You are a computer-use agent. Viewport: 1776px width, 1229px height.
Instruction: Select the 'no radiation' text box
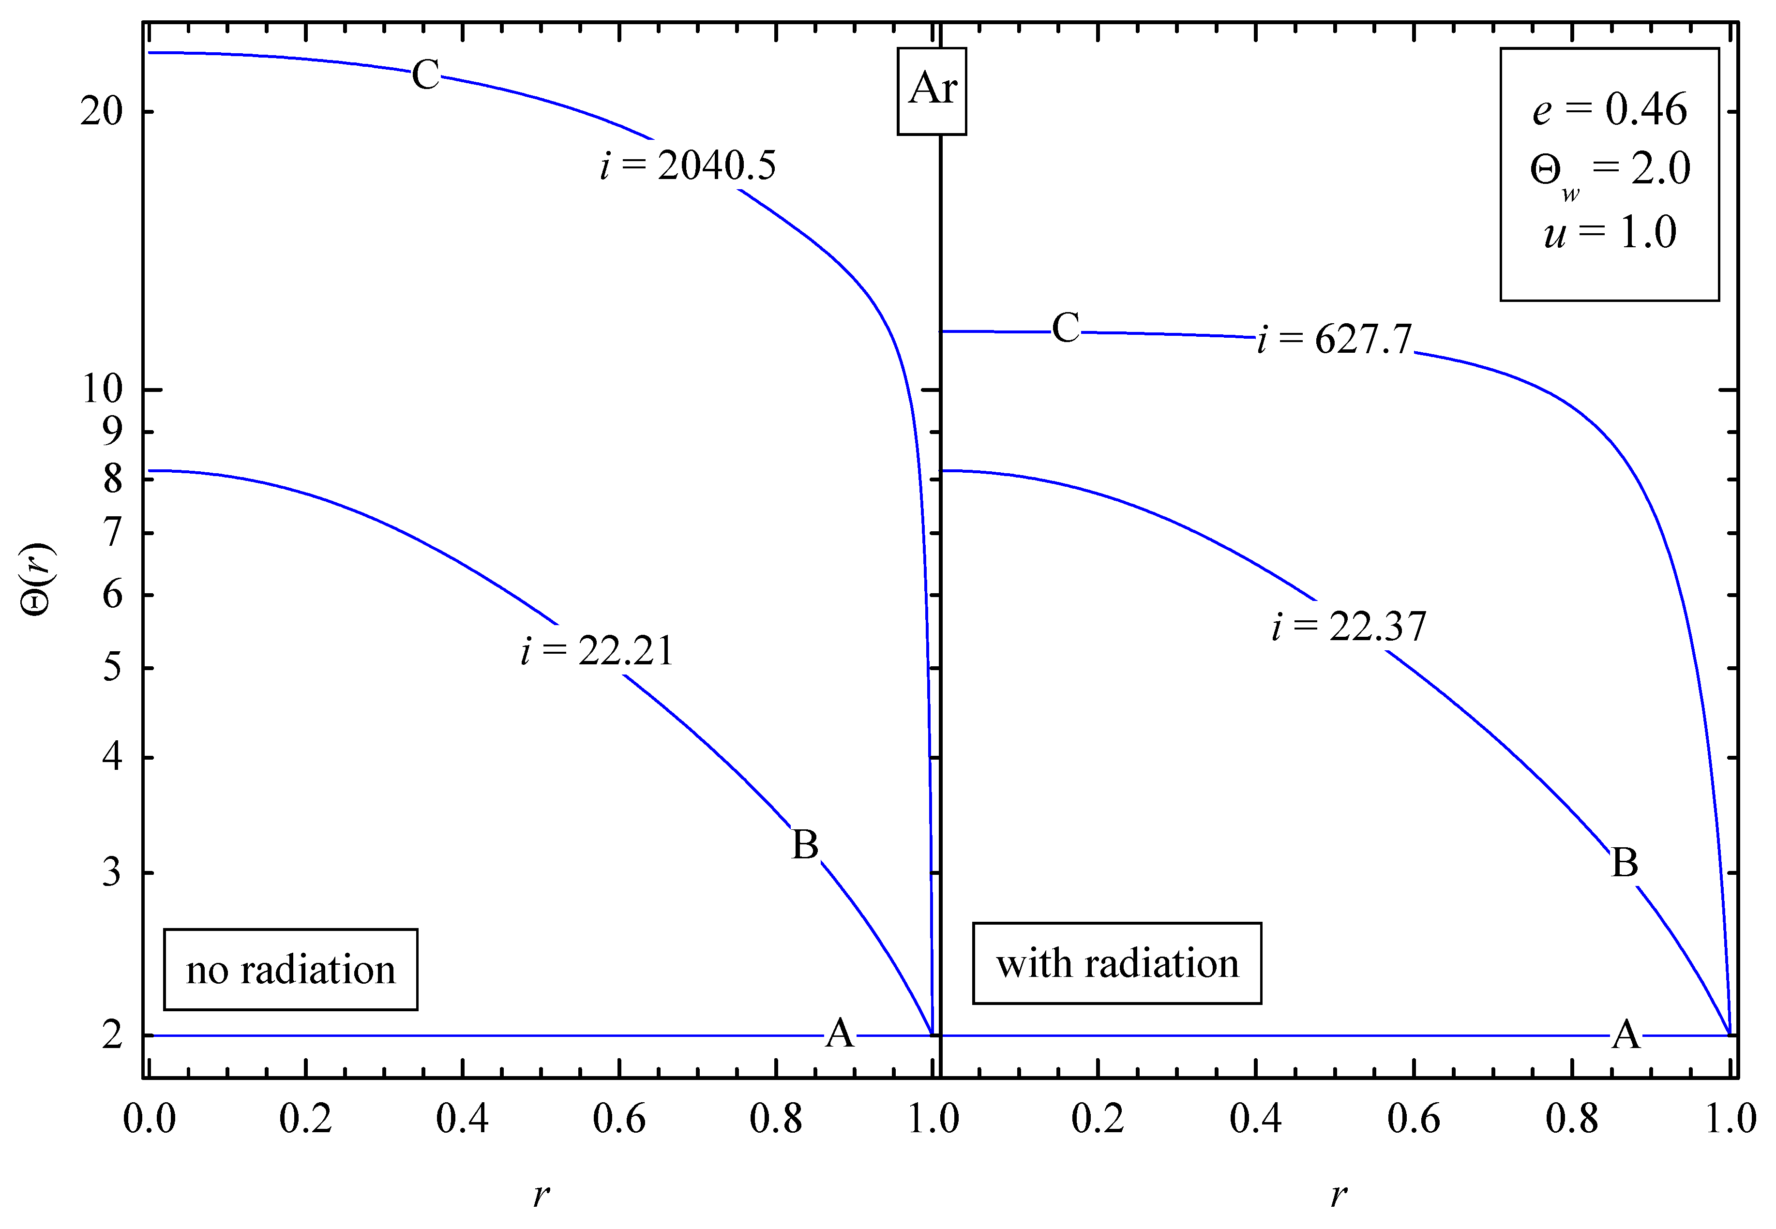(290, 970)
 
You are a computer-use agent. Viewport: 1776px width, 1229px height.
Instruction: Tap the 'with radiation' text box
(1117, 963)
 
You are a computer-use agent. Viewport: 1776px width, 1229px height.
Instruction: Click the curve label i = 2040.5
(688, 165)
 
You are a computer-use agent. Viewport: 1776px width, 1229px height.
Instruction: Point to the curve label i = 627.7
(1335, 339)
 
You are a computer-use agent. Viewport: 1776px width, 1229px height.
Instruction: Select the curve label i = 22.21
(597, 651)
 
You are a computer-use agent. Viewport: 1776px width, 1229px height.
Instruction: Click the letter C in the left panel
(425, 75)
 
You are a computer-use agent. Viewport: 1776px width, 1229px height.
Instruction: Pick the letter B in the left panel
(805, 845)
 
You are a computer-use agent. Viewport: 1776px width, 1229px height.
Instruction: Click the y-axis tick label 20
(102, 112)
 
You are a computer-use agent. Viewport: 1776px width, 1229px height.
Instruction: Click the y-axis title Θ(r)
(37, 579)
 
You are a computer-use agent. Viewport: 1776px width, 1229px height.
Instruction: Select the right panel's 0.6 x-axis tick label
(1413, 1118)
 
